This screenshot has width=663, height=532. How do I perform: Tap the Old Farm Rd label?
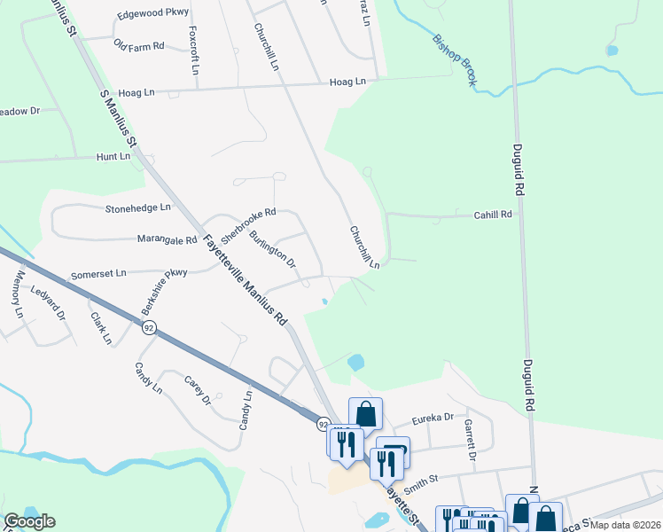point(140,45)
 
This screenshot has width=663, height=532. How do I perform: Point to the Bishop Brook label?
point(456,59)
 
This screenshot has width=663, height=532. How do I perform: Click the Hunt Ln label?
point(113,156)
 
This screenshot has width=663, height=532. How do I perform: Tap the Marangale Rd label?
point(167,239)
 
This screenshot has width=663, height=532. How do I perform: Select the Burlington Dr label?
point(272,250)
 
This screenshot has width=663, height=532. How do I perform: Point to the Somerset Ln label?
point(98,275)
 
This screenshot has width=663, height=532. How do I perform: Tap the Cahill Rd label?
point(493,215)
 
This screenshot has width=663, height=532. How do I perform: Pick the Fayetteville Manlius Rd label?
point(246,279)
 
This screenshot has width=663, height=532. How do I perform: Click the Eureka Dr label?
point(435,418)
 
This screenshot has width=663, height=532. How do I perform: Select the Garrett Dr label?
point(470,440)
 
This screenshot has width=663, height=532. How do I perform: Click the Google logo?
point(29,520)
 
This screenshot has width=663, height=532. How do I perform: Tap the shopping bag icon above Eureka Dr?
point(365,413)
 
